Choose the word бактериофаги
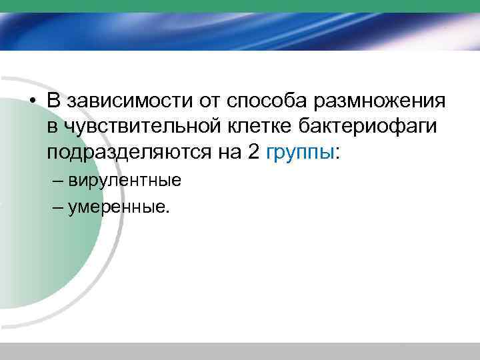[361, 126]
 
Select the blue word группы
[299, 152]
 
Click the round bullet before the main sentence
[32, 102]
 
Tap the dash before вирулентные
[56, 180]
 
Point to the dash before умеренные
[56, 207]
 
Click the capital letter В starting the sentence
[53, 101]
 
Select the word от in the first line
[207, 101]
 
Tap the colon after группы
[337, 153]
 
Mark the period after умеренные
[169, 210]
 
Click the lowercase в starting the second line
[51, 127]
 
